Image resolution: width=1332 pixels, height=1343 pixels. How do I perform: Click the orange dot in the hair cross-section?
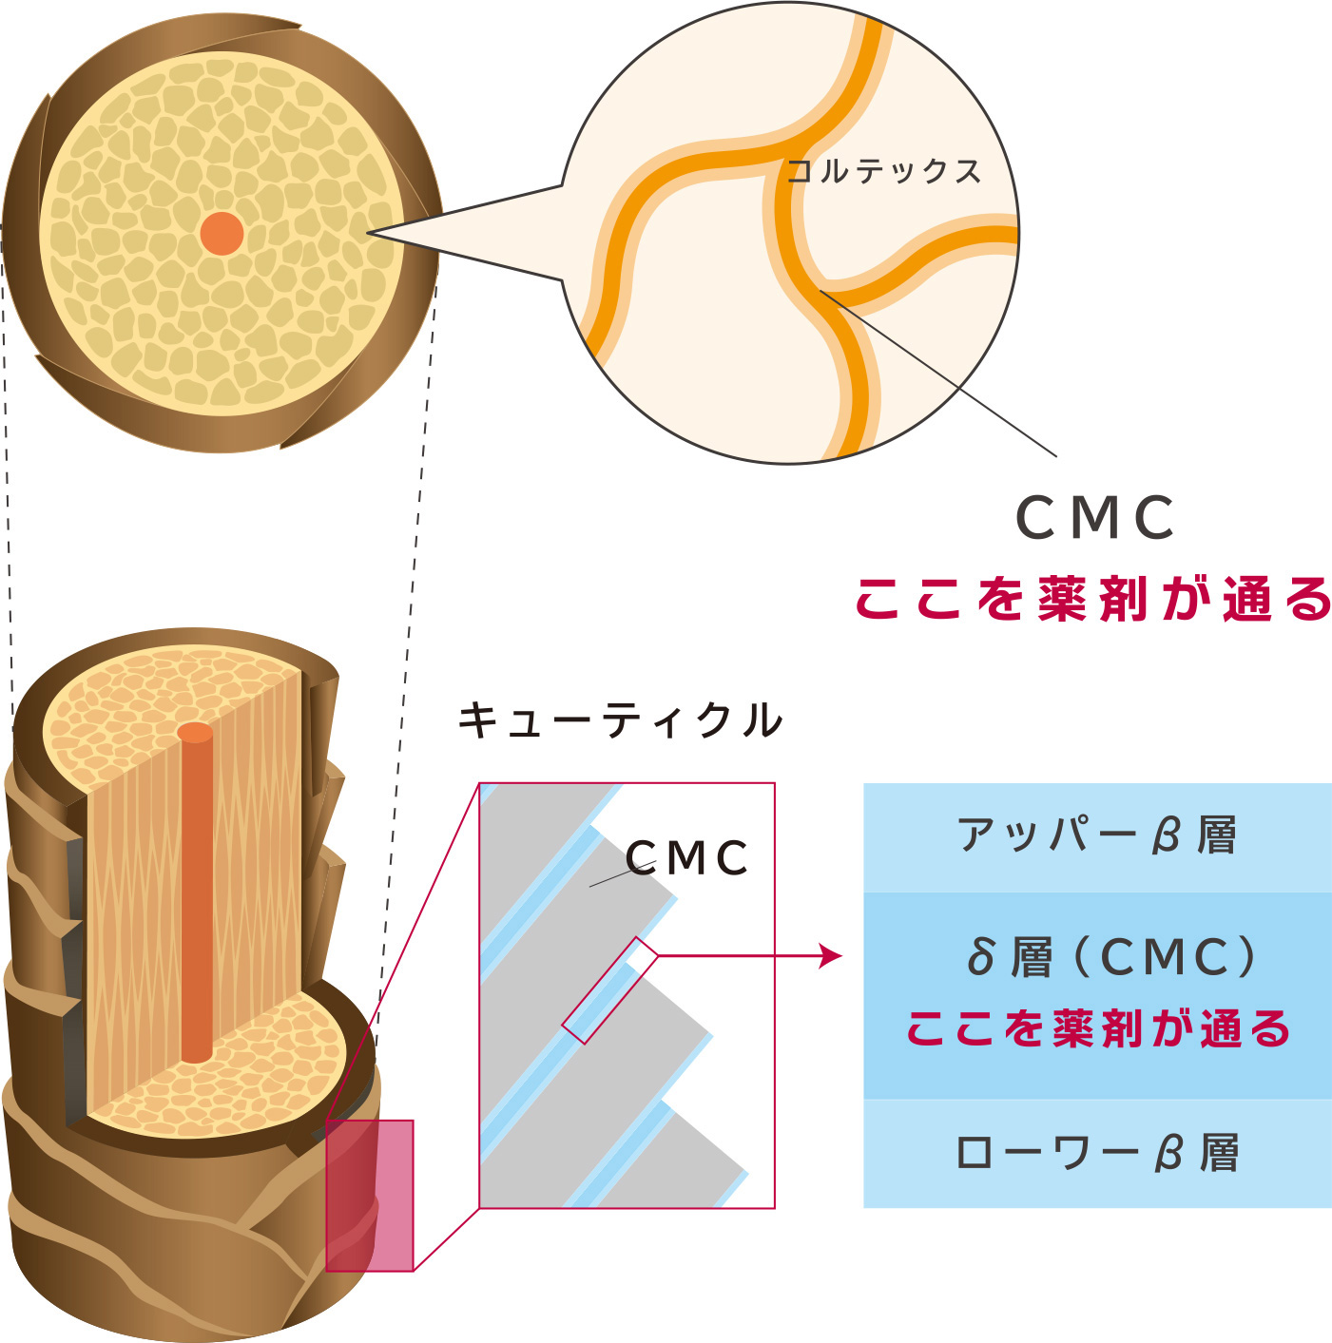(x=222, y=233)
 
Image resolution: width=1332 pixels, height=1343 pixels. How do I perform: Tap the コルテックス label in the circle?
(x=883, y=171)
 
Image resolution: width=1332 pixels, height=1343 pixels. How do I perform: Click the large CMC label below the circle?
(x=1095, y=518)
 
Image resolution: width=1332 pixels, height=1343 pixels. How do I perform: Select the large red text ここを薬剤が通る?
(x=1093, y=599)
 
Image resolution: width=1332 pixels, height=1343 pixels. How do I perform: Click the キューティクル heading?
(x=620, y=719)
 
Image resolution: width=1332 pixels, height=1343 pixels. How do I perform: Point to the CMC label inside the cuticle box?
(x=687, y=858)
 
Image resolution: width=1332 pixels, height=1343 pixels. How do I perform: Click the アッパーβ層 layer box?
(x=1097, y=836)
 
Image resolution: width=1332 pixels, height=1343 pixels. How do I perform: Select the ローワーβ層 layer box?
(x=1097, y=1153)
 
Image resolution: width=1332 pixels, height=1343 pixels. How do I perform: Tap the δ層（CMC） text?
(x=1110, y=957)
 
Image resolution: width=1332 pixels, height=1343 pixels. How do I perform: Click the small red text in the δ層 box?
(x=1098, y=1028)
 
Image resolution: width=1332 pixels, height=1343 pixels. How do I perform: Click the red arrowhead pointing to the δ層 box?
(x=833, y=955)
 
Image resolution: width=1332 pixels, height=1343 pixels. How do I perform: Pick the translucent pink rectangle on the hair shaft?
(x=370, y=1195)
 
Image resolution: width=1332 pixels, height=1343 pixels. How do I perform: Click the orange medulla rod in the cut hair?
(x=196, y=893)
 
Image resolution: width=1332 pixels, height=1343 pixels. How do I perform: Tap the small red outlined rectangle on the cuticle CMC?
(x=609, y=990)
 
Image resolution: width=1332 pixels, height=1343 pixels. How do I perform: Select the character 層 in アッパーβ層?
(x=1216, y=836)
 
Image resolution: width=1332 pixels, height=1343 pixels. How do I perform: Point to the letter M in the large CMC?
(x=1095, y=518)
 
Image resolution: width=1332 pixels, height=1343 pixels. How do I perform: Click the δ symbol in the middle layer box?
(x=980, y=957)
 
